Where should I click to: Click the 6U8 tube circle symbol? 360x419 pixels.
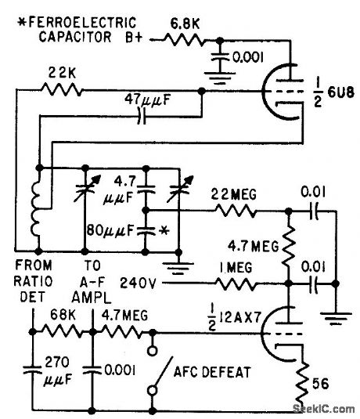pos(282,91)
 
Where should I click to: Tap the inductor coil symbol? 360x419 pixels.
pos(37,211)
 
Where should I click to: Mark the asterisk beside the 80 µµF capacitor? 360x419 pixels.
pos(165,233)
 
